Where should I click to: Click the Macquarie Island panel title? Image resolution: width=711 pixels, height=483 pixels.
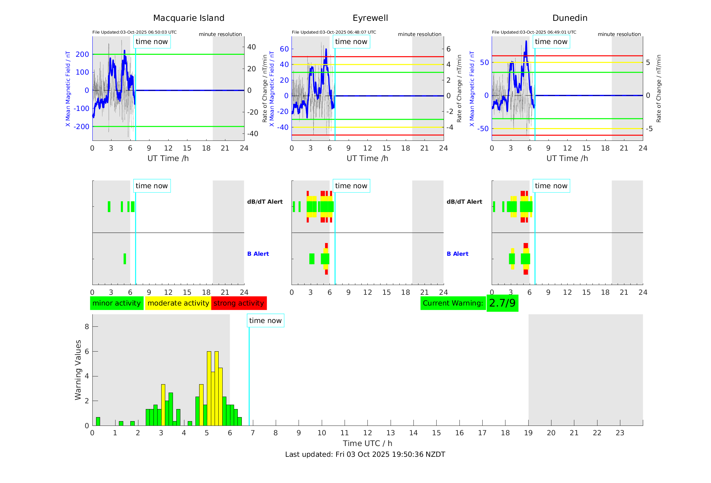[189, 18]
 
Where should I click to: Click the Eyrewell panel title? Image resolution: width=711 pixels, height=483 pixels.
[370, 18]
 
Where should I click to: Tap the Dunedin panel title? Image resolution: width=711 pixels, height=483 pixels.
[570, 18]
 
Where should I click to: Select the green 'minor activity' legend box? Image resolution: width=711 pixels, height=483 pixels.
[117, 303]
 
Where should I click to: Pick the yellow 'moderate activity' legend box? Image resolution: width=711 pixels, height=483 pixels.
[178, 303]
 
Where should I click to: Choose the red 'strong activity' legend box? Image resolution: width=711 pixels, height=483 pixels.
[239, 303]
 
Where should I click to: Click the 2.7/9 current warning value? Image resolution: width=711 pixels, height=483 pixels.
[502, 303]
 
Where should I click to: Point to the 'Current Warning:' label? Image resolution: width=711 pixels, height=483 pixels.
[453, 303]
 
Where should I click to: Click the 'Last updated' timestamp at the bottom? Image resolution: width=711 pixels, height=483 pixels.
[365, 454]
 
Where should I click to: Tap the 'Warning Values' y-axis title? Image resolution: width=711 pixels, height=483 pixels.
[78, 370]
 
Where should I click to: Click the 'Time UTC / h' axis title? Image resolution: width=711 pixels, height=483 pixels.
[367, 443]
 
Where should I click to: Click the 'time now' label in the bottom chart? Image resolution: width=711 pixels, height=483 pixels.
[265, 321]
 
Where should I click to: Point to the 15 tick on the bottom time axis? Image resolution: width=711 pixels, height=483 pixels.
[436, 433]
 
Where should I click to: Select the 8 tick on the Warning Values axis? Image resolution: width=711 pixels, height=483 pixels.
[87, 327]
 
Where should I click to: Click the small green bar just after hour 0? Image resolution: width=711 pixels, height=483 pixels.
[98, 421]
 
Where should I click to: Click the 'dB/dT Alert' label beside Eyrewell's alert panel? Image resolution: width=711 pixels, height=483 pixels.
[464, 202]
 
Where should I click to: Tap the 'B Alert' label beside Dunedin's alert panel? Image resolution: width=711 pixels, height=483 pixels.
[457, 254]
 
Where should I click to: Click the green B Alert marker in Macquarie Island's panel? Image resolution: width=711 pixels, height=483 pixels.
[125, 259]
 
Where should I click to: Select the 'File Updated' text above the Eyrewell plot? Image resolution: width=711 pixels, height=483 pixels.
[334, 32]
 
